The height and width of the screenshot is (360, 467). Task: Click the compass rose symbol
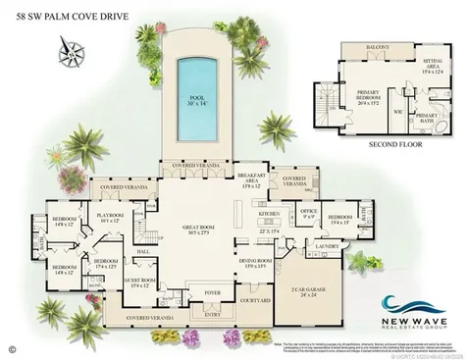(69, 45)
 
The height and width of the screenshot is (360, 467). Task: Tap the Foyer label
(211, 291)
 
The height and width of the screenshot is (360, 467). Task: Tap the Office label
(309, 209)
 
